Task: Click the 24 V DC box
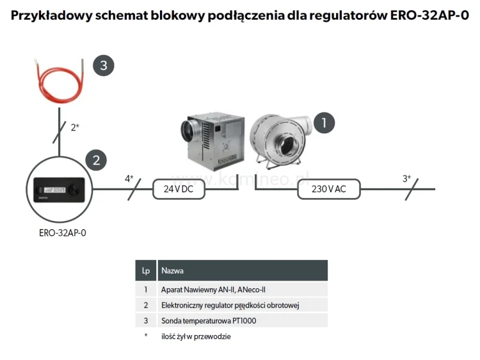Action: click(x=178, y=189)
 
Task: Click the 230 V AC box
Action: click(x=329, y=189)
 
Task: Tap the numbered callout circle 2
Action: click(x=95, y=160)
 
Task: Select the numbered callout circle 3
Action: click(x=104, y=65)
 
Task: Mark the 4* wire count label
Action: click(x=129, y=179)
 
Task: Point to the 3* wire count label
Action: click(x=406, y=179)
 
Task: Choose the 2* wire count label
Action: click(x=75, y=127)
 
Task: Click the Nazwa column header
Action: click(x=172, y=271)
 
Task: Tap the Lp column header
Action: click(x=145, y=271)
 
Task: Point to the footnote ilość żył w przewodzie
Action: click(x=196, y=336)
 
